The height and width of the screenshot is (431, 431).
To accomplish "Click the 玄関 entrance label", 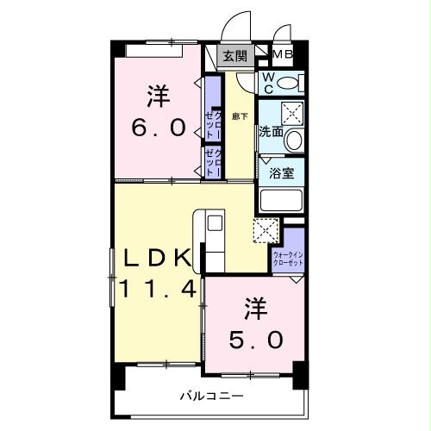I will click(234, 57).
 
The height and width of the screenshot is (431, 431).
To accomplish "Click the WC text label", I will click(268, 83).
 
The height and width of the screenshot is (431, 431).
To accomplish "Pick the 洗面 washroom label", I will click(270, 133).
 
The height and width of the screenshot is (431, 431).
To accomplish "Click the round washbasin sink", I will click(294, 140).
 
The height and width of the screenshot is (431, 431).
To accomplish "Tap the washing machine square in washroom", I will click(292, 112).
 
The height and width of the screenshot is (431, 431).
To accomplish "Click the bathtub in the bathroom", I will click(281, 200).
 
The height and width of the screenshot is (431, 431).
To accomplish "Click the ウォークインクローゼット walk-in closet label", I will click(288, 259).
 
